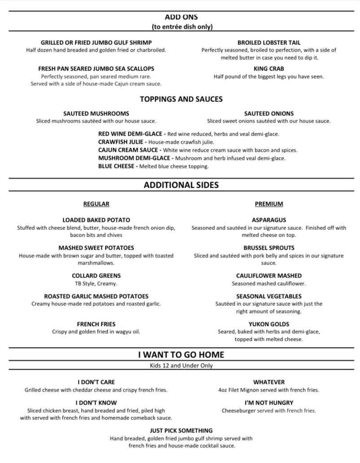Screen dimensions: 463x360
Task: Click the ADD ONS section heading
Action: point(181,17)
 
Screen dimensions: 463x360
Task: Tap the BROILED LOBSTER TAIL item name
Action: point(269,43)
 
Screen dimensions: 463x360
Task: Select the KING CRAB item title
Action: point(268,69)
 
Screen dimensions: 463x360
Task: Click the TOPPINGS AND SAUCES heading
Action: point(181,99)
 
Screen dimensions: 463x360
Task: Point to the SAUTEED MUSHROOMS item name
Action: point(96,114)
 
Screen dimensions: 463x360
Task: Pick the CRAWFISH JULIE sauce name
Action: point(122,142)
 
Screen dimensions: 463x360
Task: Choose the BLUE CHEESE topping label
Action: point(116,166)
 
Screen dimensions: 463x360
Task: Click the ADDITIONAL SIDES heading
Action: point(181,185)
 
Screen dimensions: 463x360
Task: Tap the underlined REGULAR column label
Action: point(96,204)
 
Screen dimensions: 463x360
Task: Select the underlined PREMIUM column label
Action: point(269,204)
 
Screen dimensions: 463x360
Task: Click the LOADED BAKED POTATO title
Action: point(96,220)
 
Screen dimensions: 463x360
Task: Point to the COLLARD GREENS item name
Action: point(96,276)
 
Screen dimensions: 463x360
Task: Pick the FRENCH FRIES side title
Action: point(96,324)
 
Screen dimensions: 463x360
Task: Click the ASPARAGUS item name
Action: point(269,220)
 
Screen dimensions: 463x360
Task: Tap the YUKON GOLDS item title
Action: point(269,324)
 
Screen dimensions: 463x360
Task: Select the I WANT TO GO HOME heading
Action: point(181,355)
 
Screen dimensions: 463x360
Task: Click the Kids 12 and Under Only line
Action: point(181,366)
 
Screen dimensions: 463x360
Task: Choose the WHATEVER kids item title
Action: point(269,382)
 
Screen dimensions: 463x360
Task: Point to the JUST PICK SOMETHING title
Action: point(181,431)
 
